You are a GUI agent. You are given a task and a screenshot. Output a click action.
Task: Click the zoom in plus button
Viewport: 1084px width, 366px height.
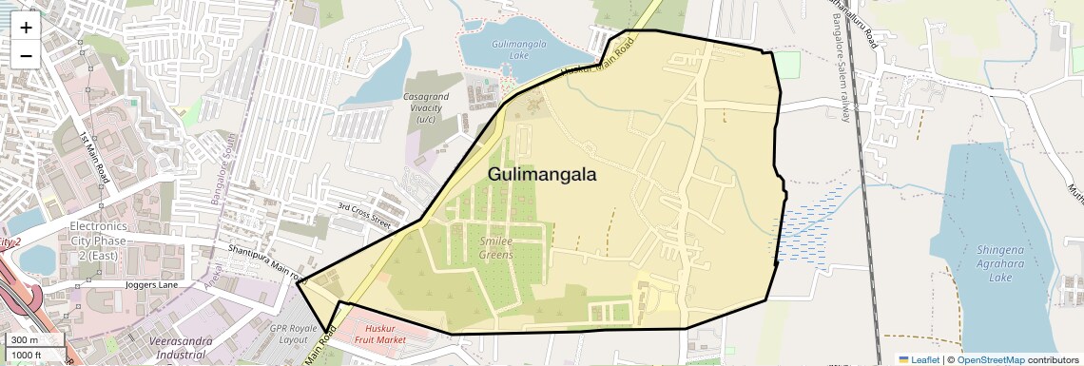[26, 27]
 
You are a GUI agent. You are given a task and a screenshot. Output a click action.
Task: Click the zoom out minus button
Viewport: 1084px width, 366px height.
[26, 55]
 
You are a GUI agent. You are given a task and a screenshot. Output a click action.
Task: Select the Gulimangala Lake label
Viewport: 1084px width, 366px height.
[518, 49]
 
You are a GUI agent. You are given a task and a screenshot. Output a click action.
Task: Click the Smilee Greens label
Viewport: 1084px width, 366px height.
[495, 248]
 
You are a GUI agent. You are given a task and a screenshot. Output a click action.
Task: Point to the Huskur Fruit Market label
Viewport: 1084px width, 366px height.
[379, 334]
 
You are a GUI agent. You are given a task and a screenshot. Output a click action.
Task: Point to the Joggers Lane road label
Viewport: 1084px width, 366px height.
[152, 284]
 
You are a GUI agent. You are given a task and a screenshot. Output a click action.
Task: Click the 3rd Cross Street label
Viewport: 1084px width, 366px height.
[364, 215]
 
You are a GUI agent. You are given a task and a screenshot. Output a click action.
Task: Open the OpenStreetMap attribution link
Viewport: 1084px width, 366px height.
[990, 359]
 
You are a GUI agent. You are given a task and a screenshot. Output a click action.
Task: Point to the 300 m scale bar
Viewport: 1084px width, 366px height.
[26, 339]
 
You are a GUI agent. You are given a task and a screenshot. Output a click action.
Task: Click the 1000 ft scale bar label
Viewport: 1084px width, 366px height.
[28, 355]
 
